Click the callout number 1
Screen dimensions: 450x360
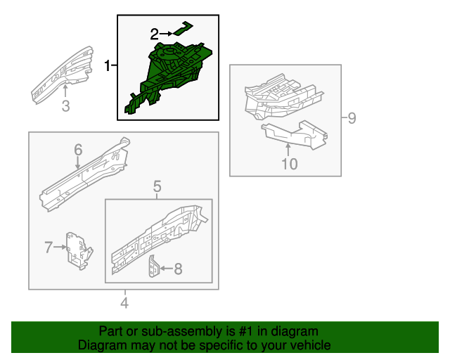(108, 65)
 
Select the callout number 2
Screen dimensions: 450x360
(155, 34)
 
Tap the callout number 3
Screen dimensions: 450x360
(65, 106)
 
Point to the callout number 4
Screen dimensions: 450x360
(124, 303)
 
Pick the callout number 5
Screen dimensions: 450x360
(157, 186)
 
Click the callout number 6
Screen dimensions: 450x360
(78, 150)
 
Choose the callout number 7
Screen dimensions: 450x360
(49, 247)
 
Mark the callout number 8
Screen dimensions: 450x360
(178, 269)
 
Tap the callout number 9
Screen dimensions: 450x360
(352, 118)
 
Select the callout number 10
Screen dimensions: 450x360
(289, 164)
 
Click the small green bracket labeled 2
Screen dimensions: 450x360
(183, 29)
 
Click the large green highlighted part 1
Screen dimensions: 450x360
(169, 76)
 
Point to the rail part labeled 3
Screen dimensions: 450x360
(63, 75)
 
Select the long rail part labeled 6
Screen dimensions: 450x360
(84, 174)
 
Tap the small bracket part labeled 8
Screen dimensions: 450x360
(153, 266)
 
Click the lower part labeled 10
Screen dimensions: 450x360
(295, 134)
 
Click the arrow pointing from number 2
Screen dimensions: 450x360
(166, 34)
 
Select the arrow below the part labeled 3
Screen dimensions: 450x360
(65, 91)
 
